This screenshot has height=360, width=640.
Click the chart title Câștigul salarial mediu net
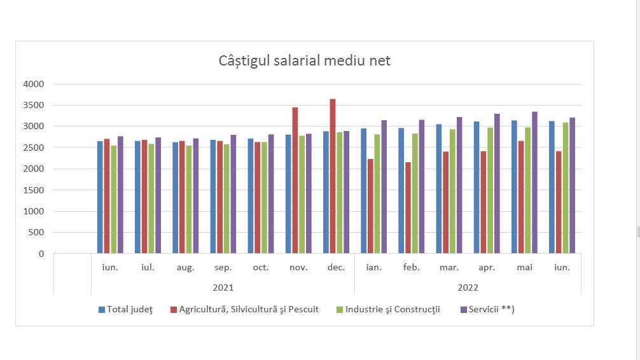(x=304, y=62)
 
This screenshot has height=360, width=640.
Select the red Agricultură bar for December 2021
(x=333, y=176)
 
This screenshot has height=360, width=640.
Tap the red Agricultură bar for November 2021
(x=295, y=181)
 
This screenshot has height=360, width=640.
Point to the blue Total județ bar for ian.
(x=364, y=191)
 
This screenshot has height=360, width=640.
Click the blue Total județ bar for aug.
(x=175, y=198)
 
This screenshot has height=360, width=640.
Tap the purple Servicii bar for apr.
(x=497, y=184)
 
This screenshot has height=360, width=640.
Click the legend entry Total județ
(x=126, y=310)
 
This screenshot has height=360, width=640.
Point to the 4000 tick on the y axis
(x=33, y=84)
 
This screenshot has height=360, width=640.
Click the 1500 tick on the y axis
(x=33, y=190)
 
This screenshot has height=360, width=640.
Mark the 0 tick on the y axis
(x=41, y=254)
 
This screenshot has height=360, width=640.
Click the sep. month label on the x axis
(x=223, y=268)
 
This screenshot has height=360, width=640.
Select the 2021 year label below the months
(x=223, y=287)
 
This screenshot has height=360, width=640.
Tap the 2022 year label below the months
(x=468, y=287)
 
